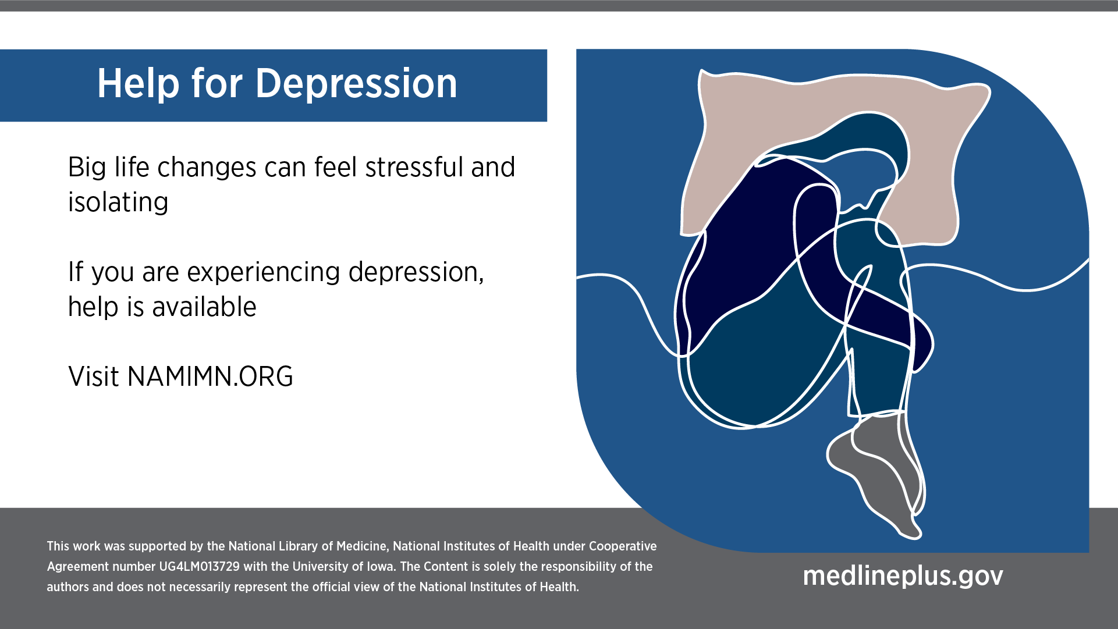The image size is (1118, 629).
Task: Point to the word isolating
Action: (x=118, y=202)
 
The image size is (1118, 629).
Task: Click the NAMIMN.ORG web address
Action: (x=210, y=376)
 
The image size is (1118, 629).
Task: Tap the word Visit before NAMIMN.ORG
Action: (x=94, y=376)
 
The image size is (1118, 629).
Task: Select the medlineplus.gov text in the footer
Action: (x=903, y=576)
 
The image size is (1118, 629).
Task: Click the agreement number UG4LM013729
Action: (x=199, y=567)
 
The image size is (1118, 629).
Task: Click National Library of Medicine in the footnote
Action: (x=307, y=546)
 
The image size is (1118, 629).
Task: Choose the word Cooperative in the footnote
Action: (x=623, y=546)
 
